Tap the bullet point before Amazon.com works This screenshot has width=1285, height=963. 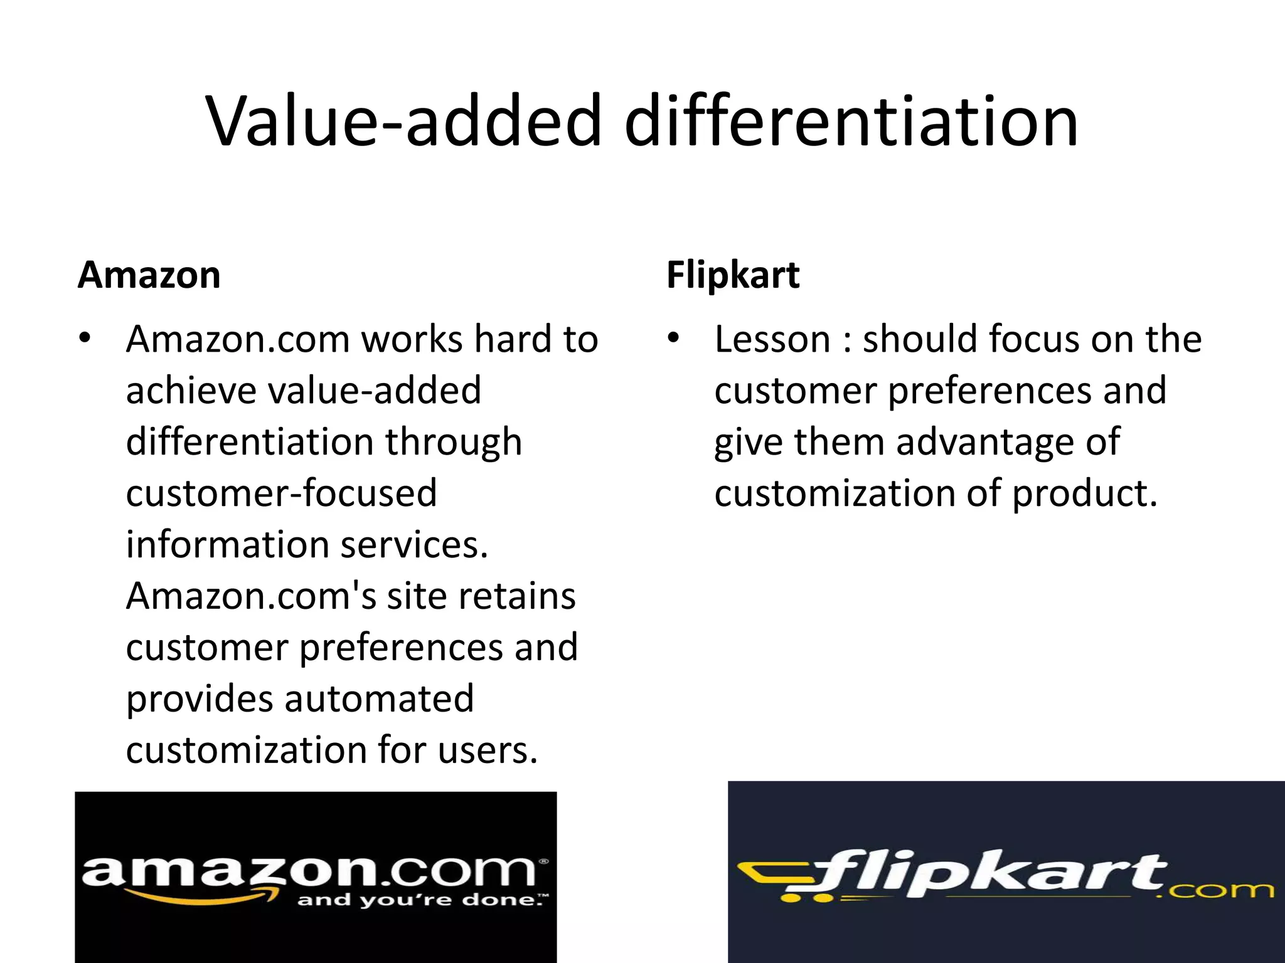coord(85,339)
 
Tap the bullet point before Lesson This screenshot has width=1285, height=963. coord(673,339)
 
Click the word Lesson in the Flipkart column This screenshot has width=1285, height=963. coord(772,339)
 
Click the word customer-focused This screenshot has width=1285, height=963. coord(281,493)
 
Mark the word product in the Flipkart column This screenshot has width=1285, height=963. coord(1084,493)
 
